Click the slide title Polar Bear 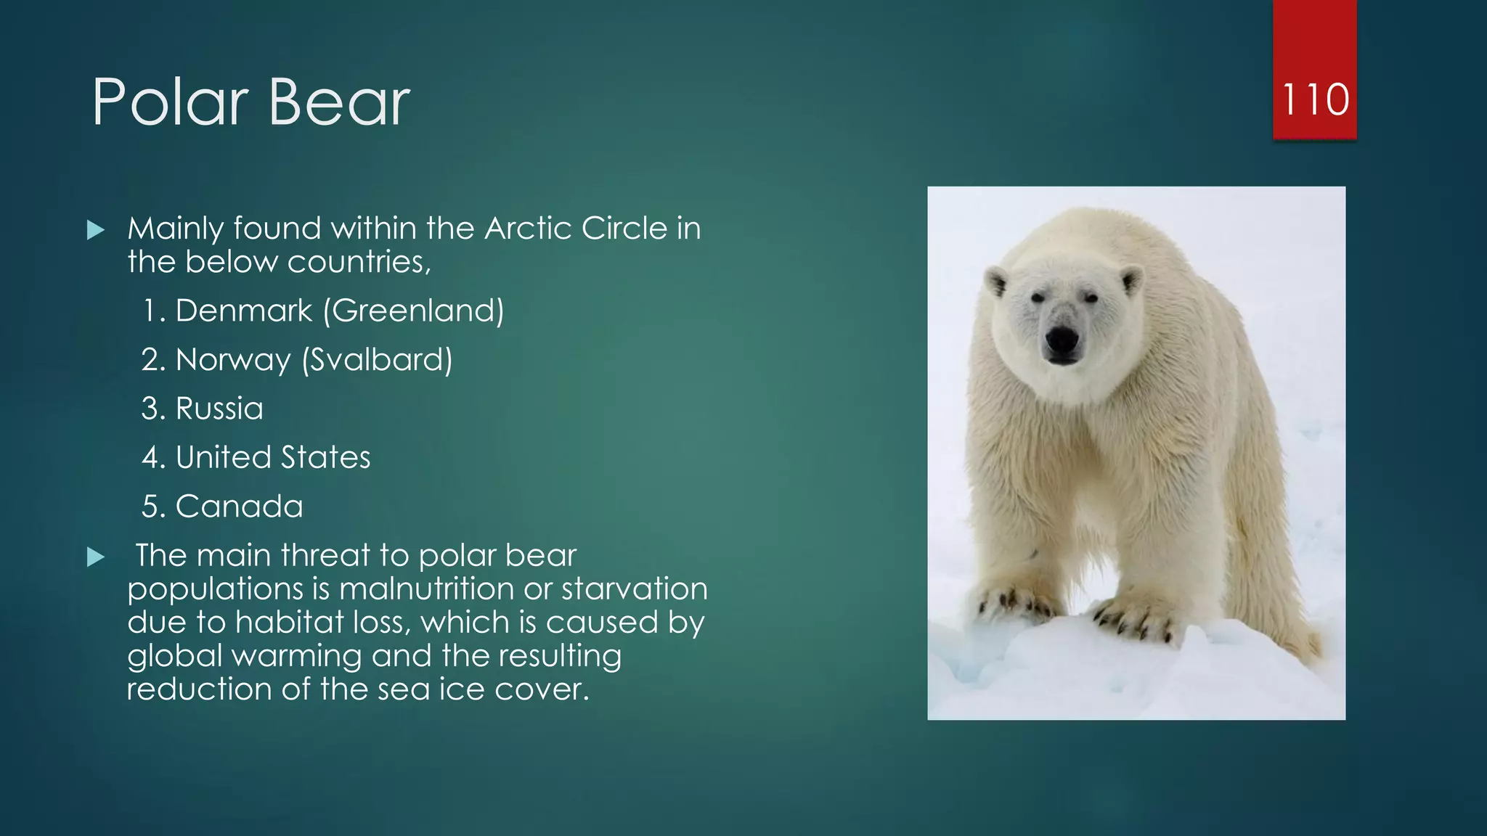[x=250, y=103]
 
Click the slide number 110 [x=1314, y=99]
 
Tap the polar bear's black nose [x=1062, y=340]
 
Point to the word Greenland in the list [x=413, y=311]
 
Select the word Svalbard [x=377, y=360]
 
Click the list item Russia [x=219, y=409]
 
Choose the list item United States [x=272, y=457]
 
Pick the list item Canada [x=239, y=507]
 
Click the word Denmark [x=243, y=311]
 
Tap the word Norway [x=232, y=360]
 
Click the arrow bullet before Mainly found [x=96, y=231]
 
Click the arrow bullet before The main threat [x=96, y=557]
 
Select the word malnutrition [x=426, y=589]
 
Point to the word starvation [x=634, y=589]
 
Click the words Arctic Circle [x=576, y=229]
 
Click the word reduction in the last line [x=199, y=689]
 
